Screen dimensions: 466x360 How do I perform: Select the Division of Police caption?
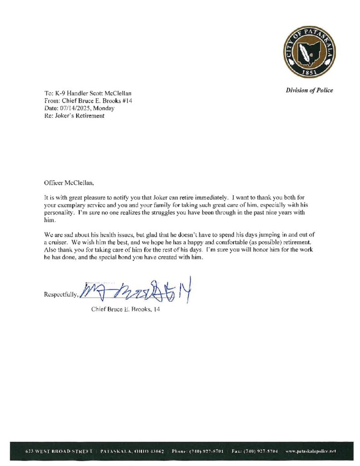[x=309, y=90]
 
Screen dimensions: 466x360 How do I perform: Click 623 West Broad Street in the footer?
[x=60, y=450]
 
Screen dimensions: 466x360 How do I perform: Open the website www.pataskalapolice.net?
[x=310, y=450]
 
